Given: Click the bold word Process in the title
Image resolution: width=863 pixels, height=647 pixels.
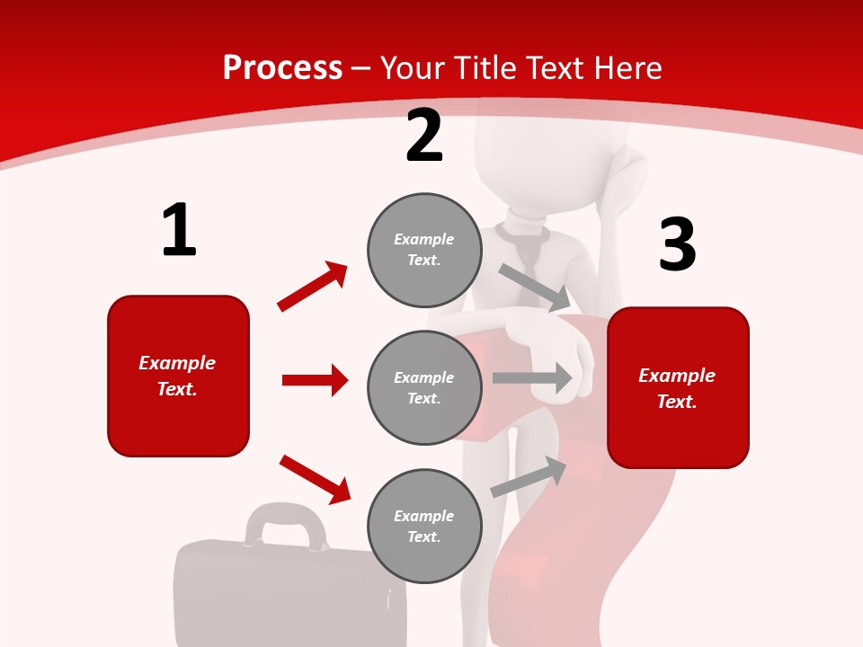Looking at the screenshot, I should pos(282,68).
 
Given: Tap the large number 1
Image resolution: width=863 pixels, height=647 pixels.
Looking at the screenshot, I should pos(179,230).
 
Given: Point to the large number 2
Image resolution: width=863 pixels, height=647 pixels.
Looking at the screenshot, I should pos(424,136).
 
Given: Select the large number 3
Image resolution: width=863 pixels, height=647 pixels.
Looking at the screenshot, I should pos(678,244).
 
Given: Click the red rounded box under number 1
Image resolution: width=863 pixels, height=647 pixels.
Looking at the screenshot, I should pos(178,376).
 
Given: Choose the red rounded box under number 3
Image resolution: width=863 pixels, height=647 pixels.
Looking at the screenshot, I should pos(678,387).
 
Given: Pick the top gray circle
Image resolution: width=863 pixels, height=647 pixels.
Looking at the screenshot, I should pos(424,250).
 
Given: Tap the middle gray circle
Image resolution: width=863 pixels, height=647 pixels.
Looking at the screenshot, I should pos(424,387).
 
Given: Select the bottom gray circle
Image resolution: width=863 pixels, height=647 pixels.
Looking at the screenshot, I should pos(424,526).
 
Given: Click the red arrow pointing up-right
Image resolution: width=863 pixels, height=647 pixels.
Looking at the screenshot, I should pos(313,287).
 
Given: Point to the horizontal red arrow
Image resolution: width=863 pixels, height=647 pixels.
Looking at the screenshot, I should pos(315,380).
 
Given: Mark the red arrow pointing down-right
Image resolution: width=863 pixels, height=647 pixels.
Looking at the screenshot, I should pos(315,479).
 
